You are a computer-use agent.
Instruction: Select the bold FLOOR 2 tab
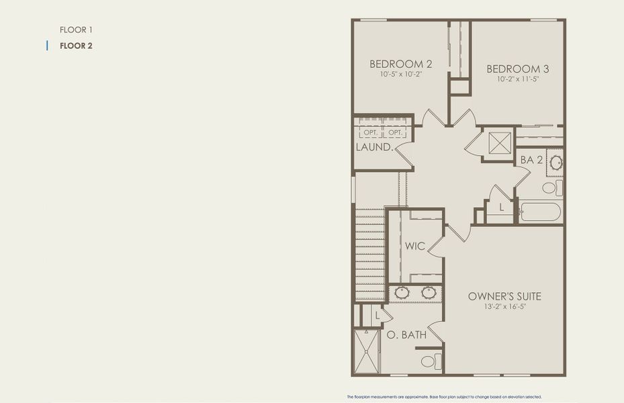76,46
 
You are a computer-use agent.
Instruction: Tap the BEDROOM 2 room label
400,64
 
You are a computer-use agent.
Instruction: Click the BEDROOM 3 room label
518,69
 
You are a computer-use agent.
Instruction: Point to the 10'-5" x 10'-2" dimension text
400,75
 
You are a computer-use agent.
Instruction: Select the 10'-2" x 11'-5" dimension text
518,79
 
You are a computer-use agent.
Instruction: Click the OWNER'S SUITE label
504,296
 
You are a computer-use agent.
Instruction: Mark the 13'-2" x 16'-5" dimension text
504,307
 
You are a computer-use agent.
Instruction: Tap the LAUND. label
374,146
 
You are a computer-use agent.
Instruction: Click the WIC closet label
414,247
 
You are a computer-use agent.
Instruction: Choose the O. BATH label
405,334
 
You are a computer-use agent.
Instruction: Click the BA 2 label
531,160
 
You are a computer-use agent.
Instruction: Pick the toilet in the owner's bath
431,361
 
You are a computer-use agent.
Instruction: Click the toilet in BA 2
551,187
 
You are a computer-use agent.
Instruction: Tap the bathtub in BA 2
540,213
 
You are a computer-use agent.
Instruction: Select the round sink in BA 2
555,162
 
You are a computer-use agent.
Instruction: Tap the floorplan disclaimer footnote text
444,397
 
